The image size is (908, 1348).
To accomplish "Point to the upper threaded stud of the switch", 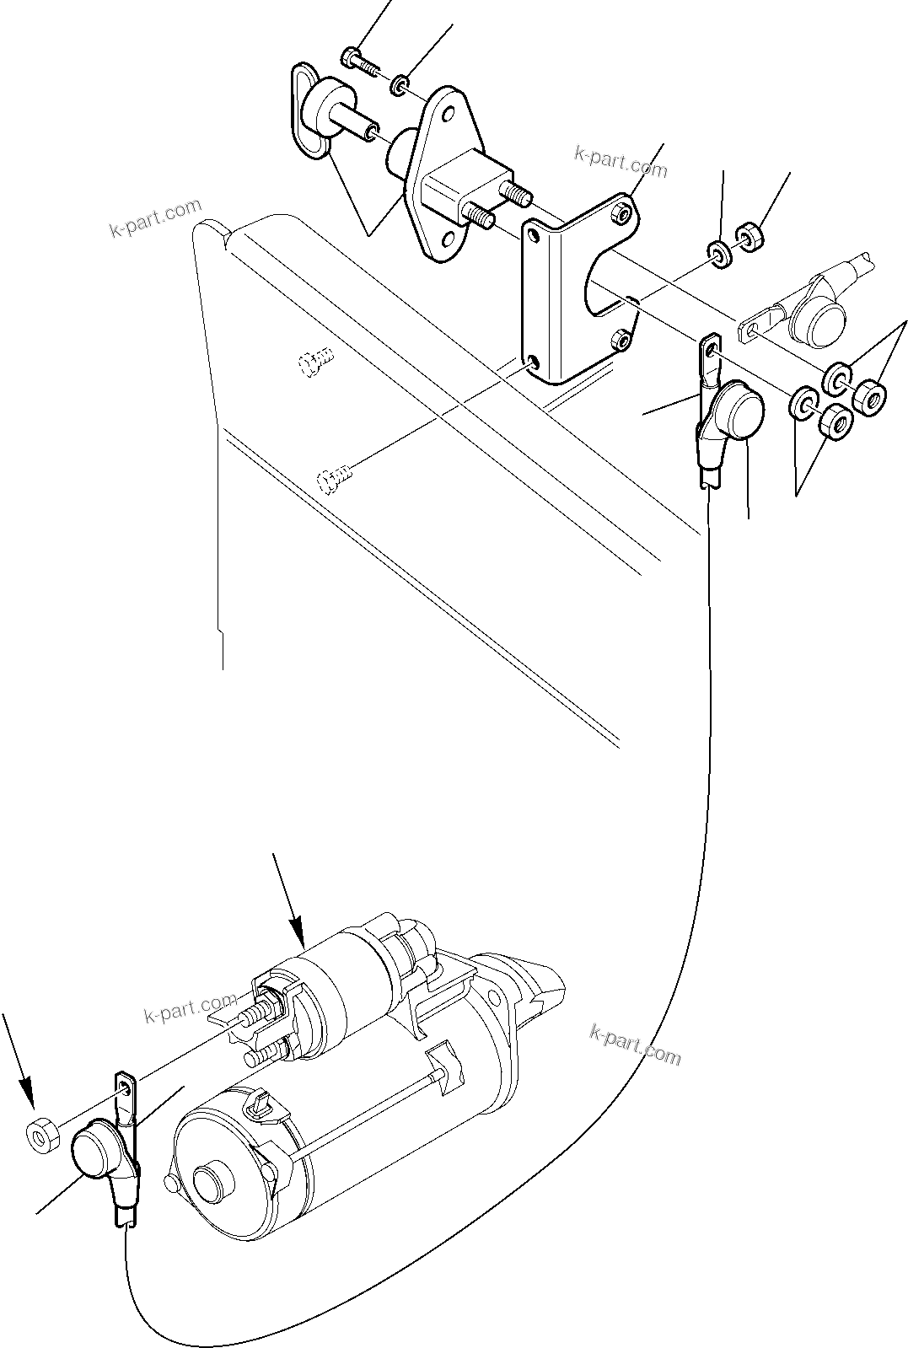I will pyautogui.click(x=514, y=192).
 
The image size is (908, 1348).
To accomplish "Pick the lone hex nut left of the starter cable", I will pyautogui.click(x=40, y=1136).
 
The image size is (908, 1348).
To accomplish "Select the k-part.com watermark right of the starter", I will pyautogui.click(x=636, y=1044).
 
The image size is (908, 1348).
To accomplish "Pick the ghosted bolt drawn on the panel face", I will pyautogui.click(x=316, y=364).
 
